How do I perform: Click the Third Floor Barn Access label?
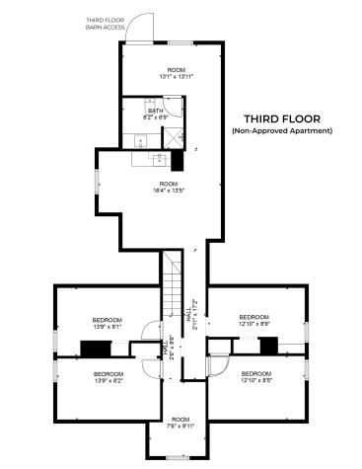click(105, 24)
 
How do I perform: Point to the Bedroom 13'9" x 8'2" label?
click(108, 378)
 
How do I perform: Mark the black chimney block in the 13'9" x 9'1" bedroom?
click(96, 348)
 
